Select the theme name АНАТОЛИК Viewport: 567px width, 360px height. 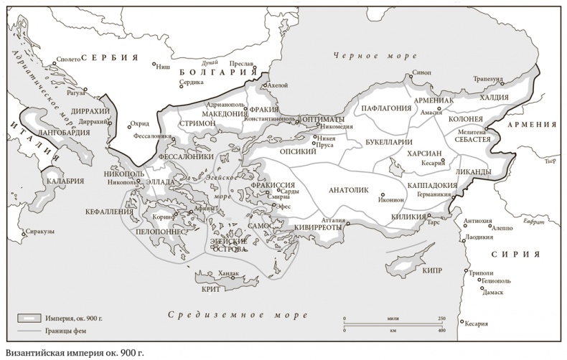tap(347, 191)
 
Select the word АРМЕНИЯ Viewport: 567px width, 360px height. tap(531, 124)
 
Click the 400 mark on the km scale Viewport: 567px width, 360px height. tap(441, 331)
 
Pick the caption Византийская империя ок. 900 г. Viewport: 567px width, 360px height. tap(72, 353)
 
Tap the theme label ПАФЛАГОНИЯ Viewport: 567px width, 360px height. tap(386, 108)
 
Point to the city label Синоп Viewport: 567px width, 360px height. tap(421, 73)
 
